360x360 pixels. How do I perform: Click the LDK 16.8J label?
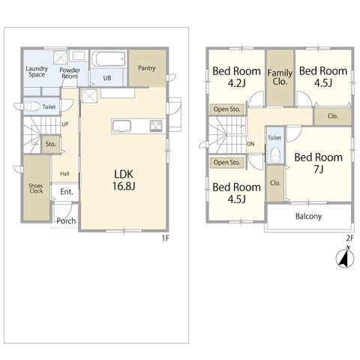124,180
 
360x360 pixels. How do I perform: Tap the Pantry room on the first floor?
147,68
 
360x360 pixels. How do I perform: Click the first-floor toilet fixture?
28,106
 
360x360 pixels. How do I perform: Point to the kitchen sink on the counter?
121,126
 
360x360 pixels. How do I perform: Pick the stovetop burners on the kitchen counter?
156,126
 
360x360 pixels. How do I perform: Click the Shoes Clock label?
36,188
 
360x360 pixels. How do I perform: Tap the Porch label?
66,220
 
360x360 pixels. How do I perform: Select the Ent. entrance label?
67,192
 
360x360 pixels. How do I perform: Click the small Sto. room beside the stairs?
51,144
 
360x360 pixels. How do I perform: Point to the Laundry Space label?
37,71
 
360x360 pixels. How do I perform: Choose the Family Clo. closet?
280,77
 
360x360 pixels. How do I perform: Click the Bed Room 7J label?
318,163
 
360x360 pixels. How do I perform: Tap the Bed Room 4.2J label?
236,76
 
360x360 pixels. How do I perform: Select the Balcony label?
308,216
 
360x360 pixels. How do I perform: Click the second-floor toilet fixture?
275,154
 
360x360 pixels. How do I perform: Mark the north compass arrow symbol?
345,256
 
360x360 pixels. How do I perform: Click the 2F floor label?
350,238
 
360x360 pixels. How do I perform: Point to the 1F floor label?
166,238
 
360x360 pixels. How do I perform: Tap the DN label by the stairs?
250,144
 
